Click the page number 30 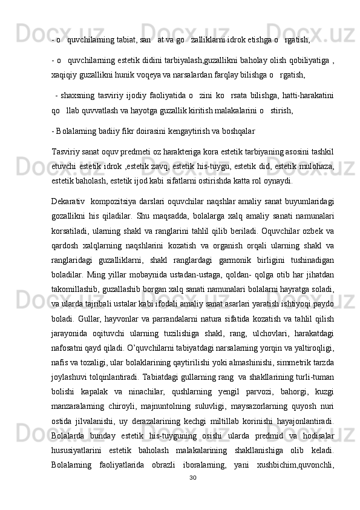(193, 495)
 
